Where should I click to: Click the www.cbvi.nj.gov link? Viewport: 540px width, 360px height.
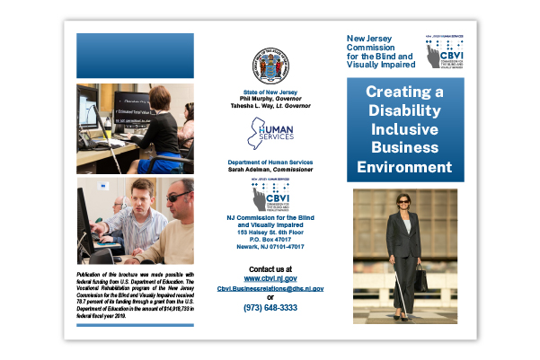[x=270, y=279]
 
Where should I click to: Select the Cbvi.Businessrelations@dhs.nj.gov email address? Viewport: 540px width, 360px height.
[x=270, y=289]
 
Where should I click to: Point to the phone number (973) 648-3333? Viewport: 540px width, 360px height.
[x=270, y=307]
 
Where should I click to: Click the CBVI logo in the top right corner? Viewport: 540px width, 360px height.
[x=444, y=54]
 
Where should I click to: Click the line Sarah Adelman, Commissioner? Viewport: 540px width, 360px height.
[x=270, y=170]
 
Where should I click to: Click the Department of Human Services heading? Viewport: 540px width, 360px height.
[x=270, y=162]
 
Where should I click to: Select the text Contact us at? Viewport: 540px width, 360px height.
[x=270, y=269]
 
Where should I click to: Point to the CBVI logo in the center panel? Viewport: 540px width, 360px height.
[x=270, y=195]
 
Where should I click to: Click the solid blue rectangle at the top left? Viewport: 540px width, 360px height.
[x=135, y=56]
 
